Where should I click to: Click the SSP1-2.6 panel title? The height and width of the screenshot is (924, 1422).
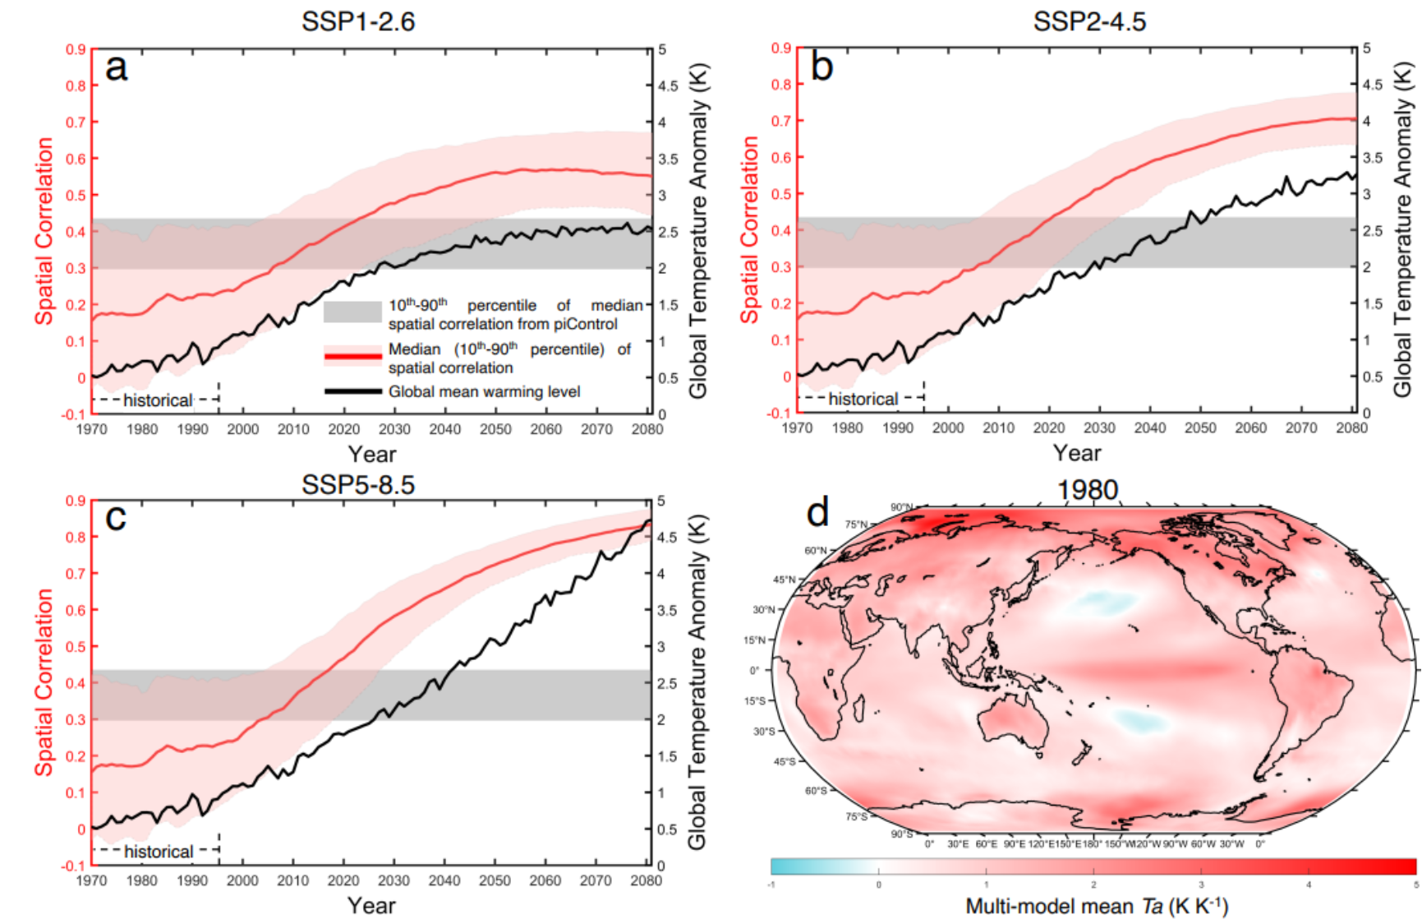(358, 21)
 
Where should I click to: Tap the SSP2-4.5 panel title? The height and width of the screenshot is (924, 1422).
(1089, 21)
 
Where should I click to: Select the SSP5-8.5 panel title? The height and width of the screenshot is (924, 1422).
(358, 484)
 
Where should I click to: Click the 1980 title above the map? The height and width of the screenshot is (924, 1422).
(1087, 490)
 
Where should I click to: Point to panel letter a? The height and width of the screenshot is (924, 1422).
(117, 67)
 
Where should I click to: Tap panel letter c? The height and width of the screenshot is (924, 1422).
(116, 518)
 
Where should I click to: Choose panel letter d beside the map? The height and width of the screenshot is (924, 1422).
(817, 513)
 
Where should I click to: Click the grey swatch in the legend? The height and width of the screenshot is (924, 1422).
(352, 312)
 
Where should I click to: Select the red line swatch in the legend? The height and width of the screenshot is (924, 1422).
(352, 356)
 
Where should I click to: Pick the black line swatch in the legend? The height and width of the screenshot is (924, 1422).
(352, 391)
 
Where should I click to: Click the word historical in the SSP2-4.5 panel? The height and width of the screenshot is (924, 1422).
(863, 400)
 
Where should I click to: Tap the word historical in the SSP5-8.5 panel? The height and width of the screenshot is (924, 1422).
(158, 852)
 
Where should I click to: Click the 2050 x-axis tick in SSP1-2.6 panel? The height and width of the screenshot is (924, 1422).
(495, 429)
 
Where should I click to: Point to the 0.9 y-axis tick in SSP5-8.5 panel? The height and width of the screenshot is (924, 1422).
(76, 501)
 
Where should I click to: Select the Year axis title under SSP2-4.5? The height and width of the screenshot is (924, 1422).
(1077, 453)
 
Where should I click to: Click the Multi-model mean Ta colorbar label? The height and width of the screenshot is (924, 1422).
(1096, 907)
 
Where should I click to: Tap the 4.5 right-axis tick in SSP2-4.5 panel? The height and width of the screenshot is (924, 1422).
(1373, 85)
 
